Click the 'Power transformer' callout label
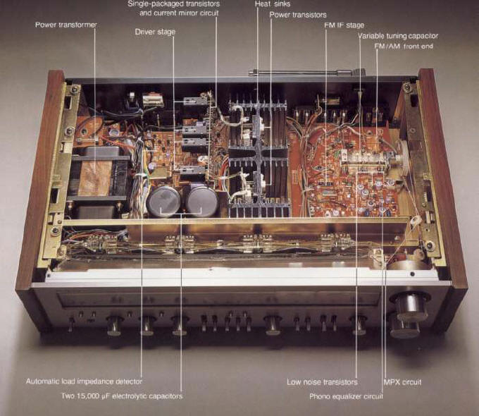[x=66, y=25]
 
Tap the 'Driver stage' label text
[x=155, y=32]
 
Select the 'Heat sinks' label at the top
[x=273, y=4]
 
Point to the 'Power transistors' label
[x=298, y=15]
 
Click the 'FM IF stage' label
[x=344, y=25]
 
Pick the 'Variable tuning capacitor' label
[x=398, y=36]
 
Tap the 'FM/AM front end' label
[x=404, y=47]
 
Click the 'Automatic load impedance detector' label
[x=84, y=381]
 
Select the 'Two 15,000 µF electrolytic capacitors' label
[x=122, y=396]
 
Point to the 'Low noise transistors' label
[x=322, y=382]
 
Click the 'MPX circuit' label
[x=402, y=382]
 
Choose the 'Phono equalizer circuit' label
[x=346, y=396]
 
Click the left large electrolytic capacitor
[x=163, y=201]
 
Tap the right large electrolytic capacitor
[x=202, y=200]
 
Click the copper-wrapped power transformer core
[x=95, y=178]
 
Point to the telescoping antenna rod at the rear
[x=306, y=73]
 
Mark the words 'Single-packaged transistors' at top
[x=174, y=4]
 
